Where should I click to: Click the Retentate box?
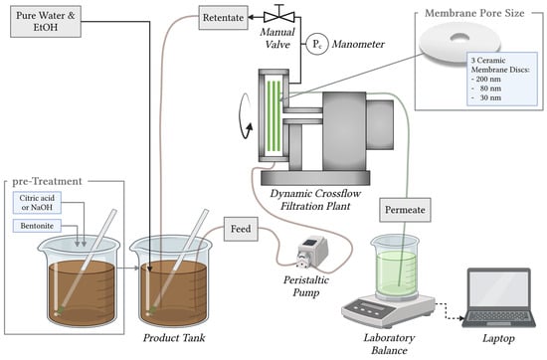pos(223,18)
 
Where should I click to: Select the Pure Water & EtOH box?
pos(46,21)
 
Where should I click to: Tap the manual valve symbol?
pos(279,15)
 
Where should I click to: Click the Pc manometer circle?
pos(317,44)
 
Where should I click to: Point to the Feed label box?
pos(241,229)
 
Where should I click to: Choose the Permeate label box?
pos(405,210)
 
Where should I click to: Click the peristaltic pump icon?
pos(312,252)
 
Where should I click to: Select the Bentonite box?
pos(37,226)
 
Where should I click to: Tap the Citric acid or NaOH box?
pos(37,202)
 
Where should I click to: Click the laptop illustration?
pos(498,297)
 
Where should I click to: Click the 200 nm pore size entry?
pos(488,80)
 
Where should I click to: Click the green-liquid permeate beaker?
pos(396,268)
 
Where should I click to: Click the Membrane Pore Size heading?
pos(474,13)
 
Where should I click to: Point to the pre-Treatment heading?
pos(47,181)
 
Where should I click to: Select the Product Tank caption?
pos(174,338)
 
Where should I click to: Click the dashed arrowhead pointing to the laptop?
pos(461,318)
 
